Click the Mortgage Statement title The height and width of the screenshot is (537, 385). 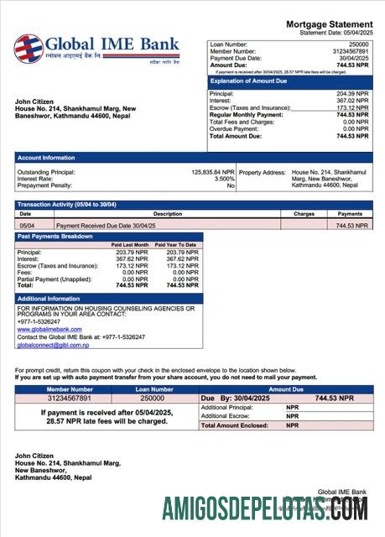329,24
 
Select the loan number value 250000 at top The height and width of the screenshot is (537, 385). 358,43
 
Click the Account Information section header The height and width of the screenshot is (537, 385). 46,157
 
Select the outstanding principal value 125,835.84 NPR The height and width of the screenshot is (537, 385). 213,171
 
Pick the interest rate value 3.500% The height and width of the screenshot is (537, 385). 224,178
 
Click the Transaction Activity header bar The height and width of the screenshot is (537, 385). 67,205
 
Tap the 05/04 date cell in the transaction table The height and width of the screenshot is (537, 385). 27,226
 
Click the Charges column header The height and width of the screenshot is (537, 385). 304,214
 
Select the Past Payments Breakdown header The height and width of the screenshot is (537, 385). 56,237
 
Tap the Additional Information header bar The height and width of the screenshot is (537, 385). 49,299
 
